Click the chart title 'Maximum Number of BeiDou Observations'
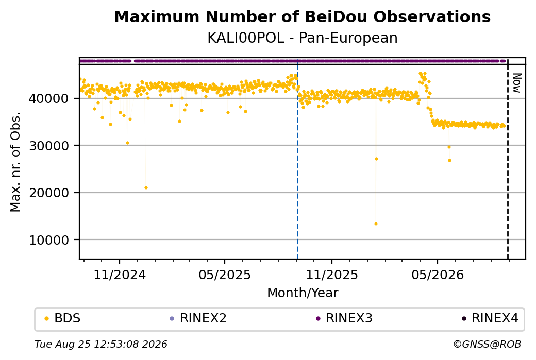point(302,17)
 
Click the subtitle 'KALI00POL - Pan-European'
point(302,38)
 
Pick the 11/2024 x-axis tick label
point(120,275)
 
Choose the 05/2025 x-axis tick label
point(225,275)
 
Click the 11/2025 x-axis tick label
point(331,275)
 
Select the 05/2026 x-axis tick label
point(438,275)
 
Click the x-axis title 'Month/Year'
point(303,293)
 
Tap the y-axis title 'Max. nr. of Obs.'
point(15,162)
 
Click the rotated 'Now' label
point(517,83)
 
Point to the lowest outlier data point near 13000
point(376,224)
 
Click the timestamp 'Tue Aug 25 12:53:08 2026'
point(101,344)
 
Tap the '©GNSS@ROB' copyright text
point(487,344)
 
